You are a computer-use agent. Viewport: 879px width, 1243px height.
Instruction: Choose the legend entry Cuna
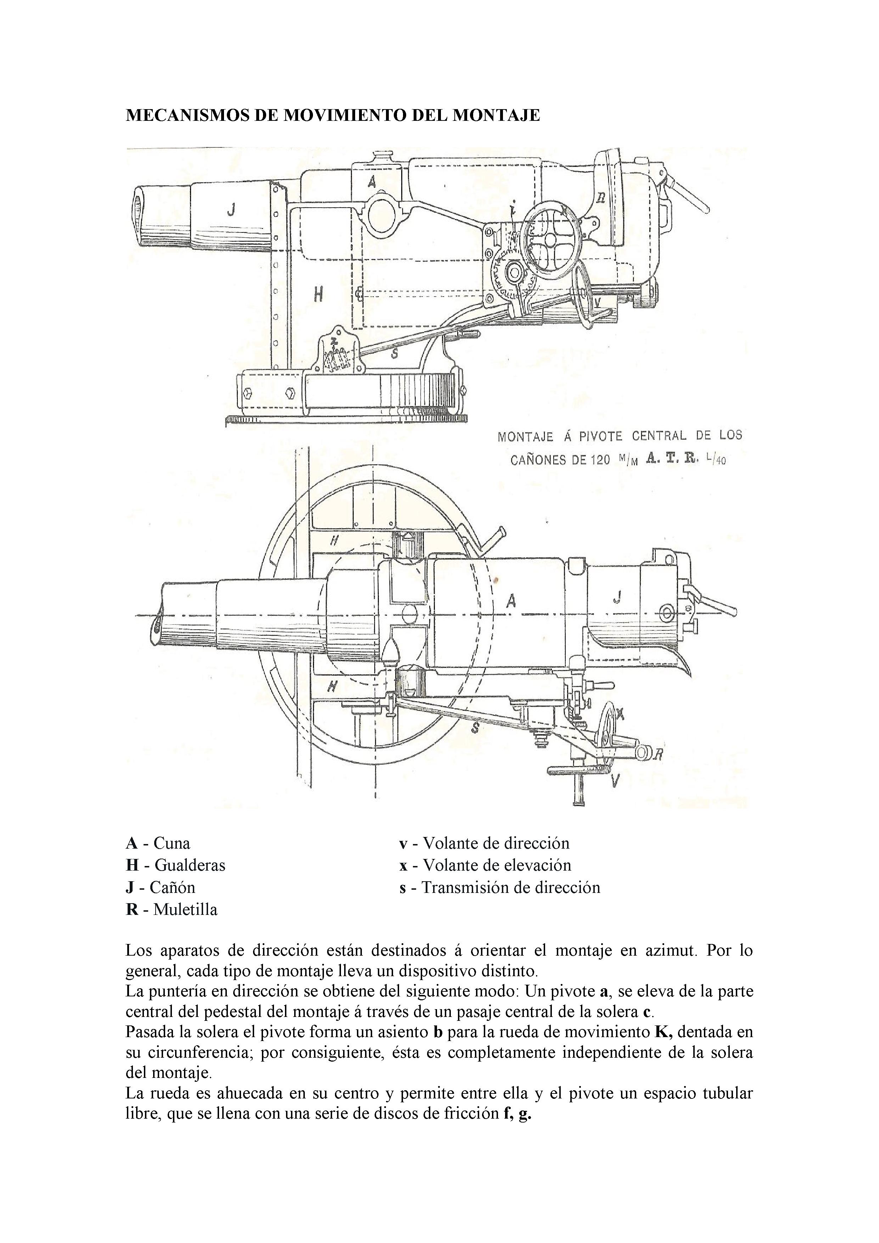click(x=172, y=843)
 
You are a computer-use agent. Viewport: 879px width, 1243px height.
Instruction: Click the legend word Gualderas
click(x=190, y=865)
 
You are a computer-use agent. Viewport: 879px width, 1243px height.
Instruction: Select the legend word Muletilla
click(x=185, y=910)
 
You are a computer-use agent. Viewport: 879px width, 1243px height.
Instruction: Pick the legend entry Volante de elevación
click(x=497, y=865)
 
